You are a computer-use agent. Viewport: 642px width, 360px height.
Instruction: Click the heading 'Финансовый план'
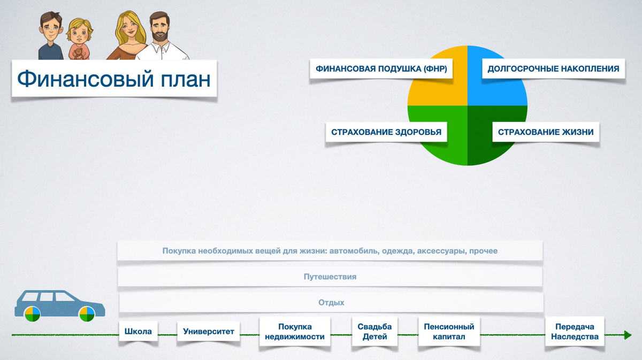114,79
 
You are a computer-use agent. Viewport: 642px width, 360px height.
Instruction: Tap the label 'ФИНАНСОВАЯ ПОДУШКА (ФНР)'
380,69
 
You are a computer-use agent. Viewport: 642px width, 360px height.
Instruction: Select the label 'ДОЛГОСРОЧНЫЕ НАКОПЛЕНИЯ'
553,69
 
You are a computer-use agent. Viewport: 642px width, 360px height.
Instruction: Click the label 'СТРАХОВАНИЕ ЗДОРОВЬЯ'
386,132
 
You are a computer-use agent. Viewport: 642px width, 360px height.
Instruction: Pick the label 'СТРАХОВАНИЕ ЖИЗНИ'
546,132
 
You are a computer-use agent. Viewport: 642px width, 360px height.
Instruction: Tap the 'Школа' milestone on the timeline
138,332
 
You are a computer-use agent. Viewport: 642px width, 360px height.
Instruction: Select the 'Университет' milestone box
209,332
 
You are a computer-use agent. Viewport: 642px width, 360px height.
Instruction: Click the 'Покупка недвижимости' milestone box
295,332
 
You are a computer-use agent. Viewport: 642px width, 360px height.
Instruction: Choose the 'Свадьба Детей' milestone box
374,332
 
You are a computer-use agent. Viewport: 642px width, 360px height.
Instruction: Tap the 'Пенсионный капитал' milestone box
449,332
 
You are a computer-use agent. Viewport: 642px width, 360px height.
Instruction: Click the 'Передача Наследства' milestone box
575,332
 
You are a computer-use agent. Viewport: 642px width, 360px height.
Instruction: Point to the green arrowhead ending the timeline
627,335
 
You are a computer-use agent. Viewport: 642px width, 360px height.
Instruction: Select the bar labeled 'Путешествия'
330,277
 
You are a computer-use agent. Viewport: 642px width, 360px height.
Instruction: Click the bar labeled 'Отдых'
331,303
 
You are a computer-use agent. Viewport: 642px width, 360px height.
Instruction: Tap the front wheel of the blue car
87,314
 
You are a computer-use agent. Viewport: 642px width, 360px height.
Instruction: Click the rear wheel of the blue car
32,314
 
